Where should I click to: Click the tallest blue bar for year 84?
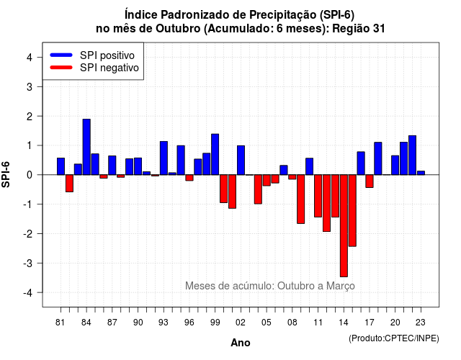coord(86,147)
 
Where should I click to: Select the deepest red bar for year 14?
coord(344,225)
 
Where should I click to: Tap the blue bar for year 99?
coord(215,154)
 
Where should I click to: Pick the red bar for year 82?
coord(69,184)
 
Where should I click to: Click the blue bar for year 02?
coord(241,160)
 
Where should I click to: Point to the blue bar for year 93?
coord(164,158)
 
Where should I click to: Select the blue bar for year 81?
coord(61,166)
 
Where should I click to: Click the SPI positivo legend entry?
coord(93,55)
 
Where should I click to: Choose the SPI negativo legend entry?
coord(94,68)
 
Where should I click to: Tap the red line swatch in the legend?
coord(61,68)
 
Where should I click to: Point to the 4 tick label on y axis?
coord(30,58)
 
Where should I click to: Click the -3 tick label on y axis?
coord(27,263)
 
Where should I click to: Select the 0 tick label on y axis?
coord(30,175)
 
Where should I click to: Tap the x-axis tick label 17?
coord(370,323)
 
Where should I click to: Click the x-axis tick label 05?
coord(266,323)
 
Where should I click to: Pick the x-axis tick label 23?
coord(421,323)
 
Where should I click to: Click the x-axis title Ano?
coord(241,343)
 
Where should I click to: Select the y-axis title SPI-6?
coord(6,174)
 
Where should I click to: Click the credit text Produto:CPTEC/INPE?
coord(394,338)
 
